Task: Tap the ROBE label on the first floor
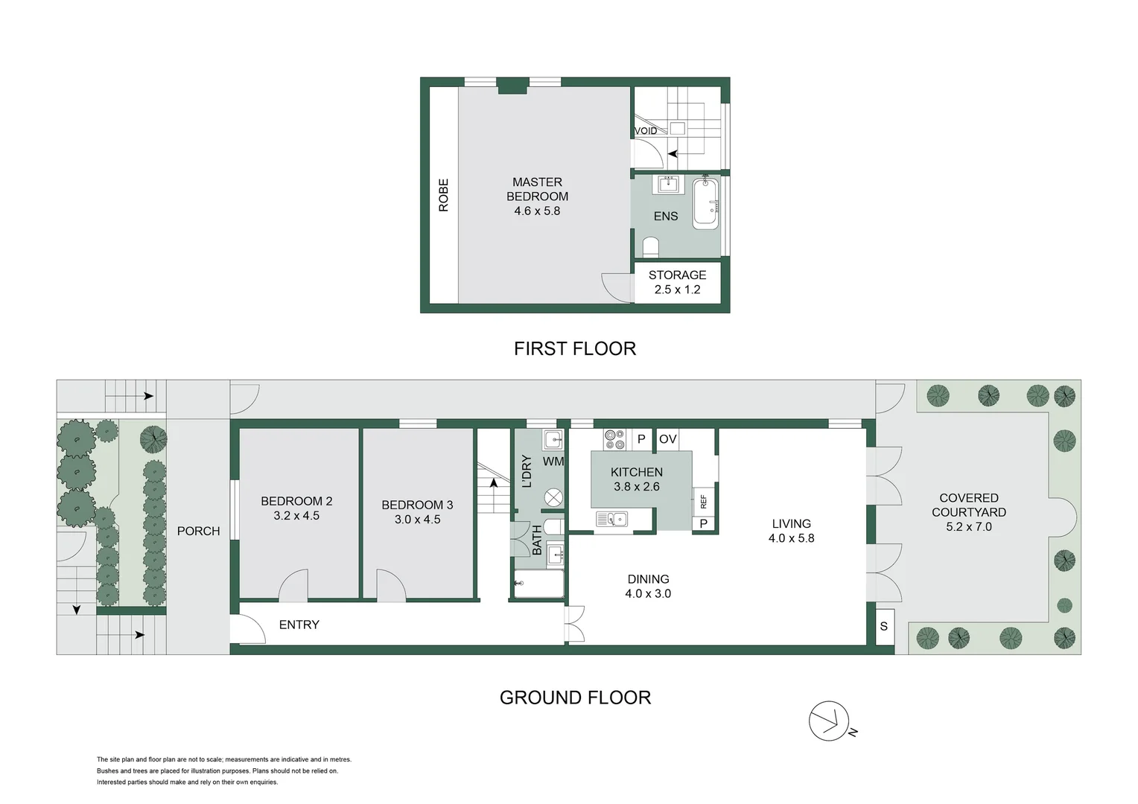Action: (x=444, y=195)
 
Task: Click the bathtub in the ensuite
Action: (x=705, y=202)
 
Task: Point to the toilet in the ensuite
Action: (x=651, y=247)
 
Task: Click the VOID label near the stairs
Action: (x=646, y=131)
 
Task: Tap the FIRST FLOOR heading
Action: (x=575, y=348)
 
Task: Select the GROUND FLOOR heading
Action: (x=575, y=698)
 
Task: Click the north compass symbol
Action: (x=830, y=721)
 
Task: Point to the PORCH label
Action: (x=198, y=531)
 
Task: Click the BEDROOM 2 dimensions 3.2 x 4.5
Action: (x=296, y=515)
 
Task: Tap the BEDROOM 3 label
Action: (x=417, y=505)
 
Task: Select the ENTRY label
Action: (x=299, y=625)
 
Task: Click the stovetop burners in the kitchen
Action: (x=614, y=439)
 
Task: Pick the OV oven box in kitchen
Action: (x=668, y=439)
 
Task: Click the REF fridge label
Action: (x=703, y=502)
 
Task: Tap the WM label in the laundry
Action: (x=553, y=462)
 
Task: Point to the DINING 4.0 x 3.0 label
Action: (x=648, y=586)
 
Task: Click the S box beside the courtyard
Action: (x=884, y=626)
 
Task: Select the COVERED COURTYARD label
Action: (x=968, y=512)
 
